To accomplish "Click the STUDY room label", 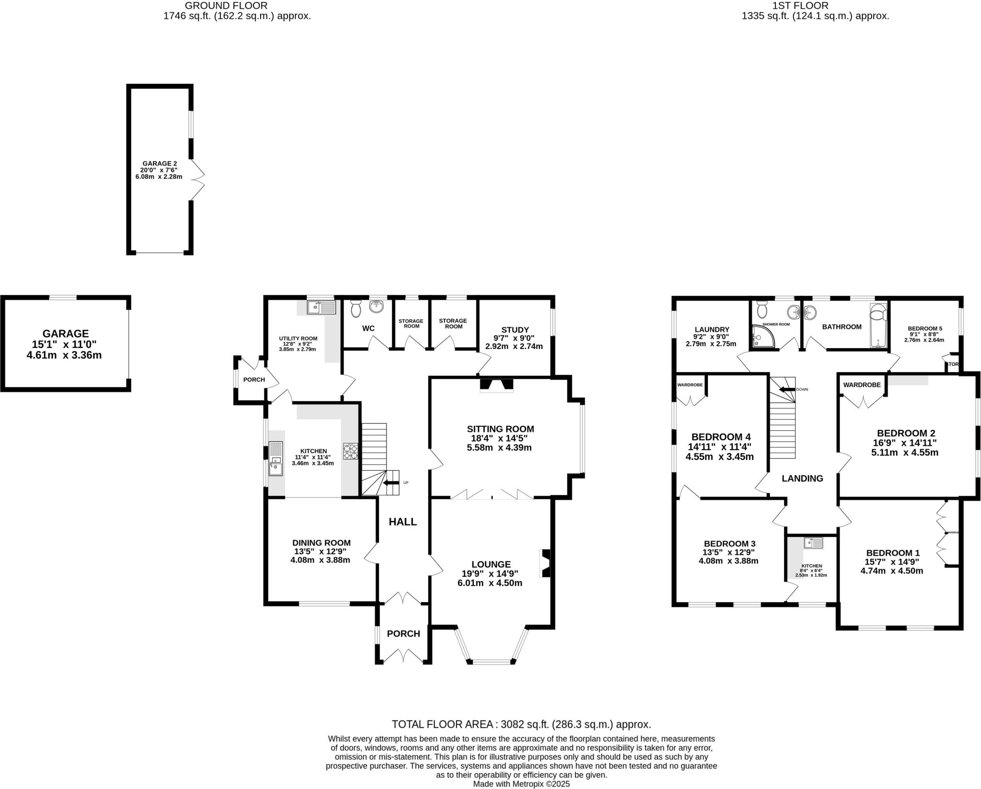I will click(x=515, y=330).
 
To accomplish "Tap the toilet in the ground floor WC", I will click(x=355, y=309).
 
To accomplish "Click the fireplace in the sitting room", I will click(x=497, y=385).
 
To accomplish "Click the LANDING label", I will click(x=802, y=478).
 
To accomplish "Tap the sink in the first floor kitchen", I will click(x=813, y=543).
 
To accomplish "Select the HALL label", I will click(x=402, y=522).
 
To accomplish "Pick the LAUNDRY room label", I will click(x=712, y=329).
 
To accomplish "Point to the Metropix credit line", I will click(x=521, y=784).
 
